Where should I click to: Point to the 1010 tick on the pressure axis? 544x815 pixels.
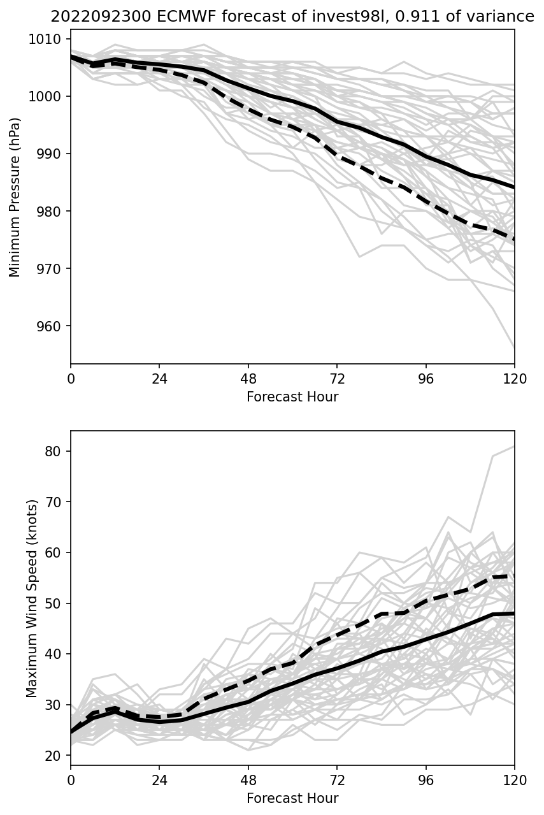(x=48, y=40)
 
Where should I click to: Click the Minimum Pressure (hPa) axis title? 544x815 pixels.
(x=15, y=197)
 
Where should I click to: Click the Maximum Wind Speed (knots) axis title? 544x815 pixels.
(x=32, y=598)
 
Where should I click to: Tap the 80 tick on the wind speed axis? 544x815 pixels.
(x=55, y=451)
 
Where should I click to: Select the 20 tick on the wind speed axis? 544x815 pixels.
(x=55, y=756)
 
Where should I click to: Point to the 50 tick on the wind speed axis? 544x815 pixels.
(x=55, y=603)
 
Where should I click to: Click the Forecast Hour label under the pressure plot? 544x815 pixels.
(x=292, y=397)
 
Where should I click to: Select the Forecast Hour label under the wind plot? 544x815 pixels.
(x=292, y=798)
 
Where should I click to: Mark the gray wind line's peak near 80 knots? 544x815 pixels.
(x=513, y=447)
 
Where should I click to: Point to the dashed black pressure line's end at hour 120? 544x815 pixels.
(x=513, y=240)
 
